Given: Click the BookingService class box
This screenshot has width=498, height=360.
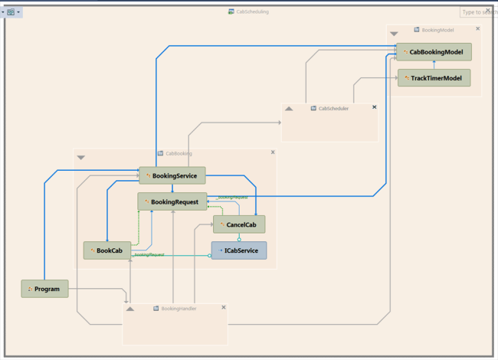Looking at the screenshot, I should point(172,175).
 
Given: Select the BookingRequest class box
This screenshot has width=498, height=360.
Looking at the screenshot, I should point(172,201).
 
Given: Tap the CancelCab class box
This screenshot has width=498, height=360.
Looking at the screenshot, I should point(239,224).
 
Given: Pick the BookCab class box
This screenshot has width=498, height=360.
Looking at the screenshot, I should point(106,250).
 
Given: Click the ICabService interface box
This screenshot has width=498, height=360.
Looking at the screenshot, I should point(239,250).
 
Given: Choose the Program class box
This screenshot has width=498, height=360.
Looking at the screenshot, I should point(44,289).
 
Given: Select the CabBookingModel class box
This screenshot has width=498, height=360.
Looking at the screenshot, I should point(434,52).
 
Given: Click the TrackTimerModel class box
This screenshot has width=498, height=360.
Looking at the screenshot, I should point(434,78).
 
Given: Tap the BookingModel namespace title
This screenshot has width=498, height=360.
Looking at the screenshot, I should point(437,30).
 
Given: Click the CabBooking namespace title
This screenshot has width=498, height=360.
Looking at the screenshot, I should point(179,153).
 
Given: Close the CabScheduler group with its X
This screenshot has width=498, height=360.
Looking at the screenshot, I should point(374,107).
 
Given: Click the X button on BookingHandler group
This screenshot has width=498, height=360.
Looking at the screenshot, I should point(224,307).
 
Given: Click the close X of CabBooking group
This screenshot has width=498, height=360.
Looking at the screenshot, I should point(273,152).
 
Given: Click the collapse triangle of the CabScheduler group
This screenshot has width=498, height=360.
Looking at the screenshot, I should point(289,109).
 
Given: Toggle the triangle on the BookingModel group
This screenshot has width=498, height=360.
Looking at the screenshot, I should point(394,34).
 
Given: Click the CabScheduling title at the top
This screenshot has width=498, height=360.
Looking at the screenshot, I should point(252,11).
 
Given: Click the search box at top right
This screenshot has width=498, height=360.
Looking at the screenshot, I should point(478,12).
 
